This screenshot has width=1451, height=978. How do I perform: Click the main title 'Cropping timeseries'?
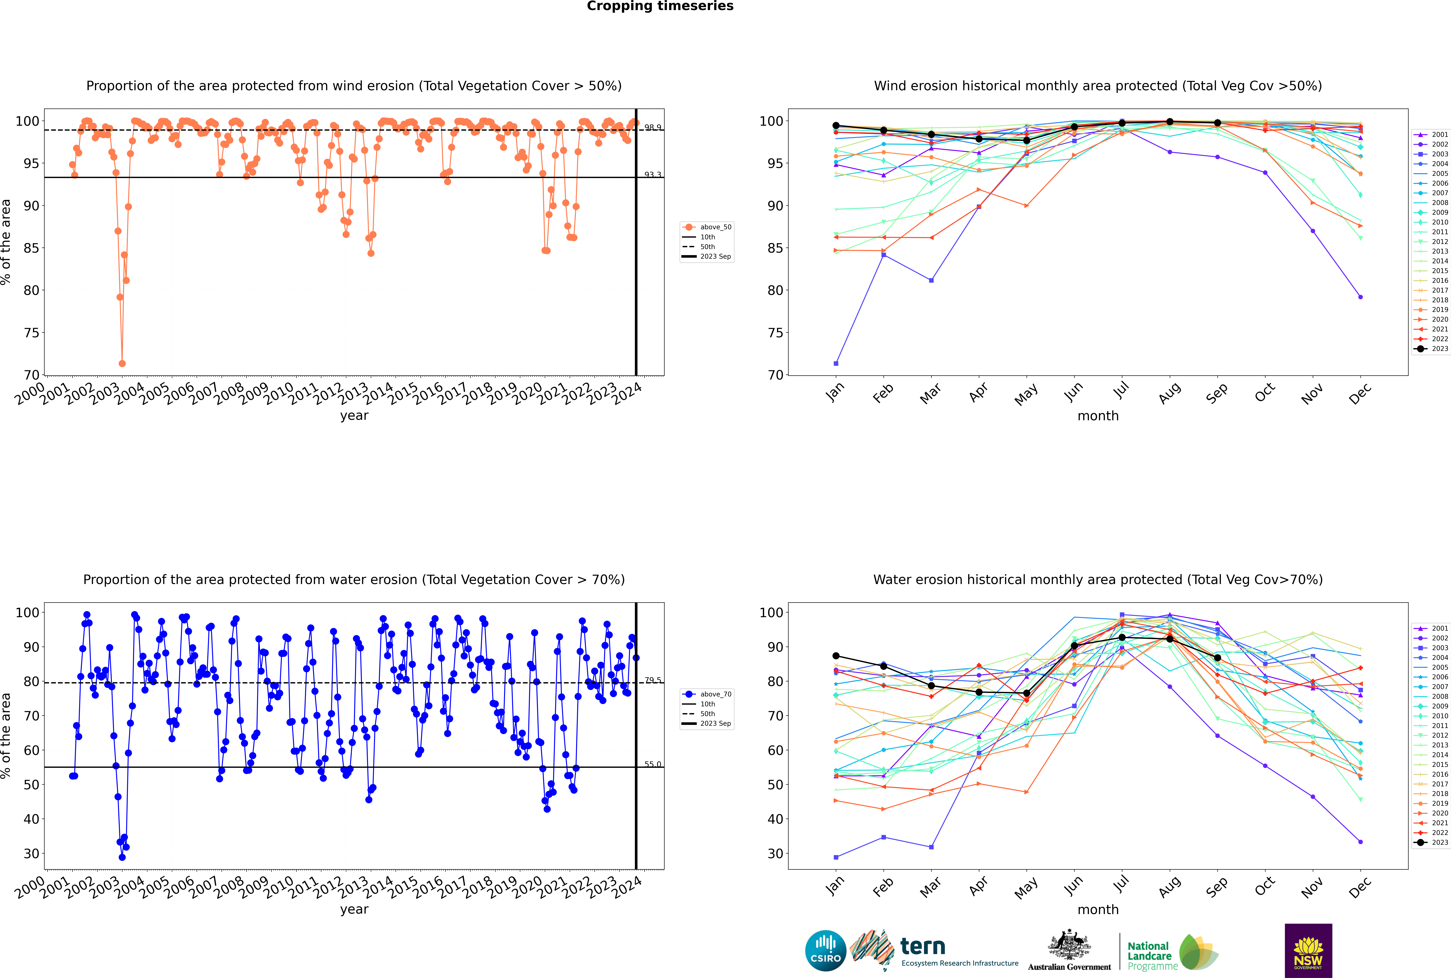tap(660, 6)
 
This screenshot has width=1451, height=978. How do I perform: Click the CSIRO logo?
tap(825, 951)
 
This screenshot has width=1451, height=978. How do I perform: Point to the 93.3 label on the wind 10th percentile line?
tap(653, 175)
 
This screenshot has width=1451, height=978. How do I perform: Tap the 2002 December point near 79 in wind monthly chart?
tap(1361, 297)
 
